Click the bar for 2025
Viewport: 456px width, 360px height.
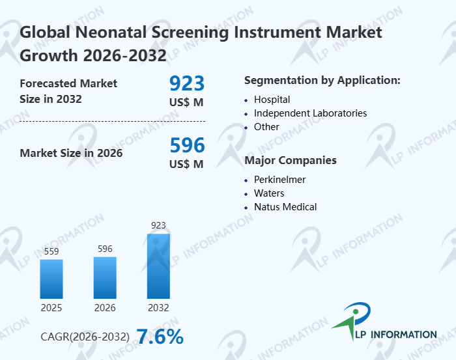coord(51,279)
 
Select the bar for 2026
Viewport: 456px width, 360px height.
coord(105,277)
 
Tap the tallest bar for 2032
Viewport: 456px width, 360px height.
coord(158,266)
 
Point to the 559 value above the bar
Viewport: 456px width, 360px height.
coord(51,251)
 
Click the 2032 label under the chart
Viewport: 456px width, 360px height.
coord(158,307)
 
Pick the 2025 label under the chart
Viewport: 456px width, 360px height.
coord(51,307)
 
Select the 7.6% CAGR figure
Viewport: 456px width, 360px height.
coord(160,337)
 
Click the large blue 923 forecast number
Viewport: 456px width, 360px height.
coord(187,83)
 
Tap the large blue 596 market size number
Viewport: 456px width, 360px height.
coord(187,145)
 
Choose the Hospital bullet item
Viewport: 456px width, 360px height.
coord(272,100)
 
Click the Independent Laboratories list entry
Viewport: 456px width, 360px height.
coord(310,113)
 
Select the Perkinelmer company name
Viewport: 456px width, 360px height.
coord(279,180)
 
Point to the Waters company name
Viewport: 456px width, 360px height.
coord(269,193)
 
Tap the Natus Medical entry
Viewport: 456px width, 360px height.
coord(285,207)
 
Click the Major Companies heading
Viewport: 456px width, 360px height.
coord(291,160)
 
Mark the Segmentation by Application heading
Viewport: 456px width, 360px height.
coord(322,80)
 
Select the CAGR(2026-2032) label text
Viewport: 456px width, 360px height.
coord(85,337)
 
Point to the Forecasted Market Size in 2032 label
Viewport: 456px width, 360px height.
coord(68,91)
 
